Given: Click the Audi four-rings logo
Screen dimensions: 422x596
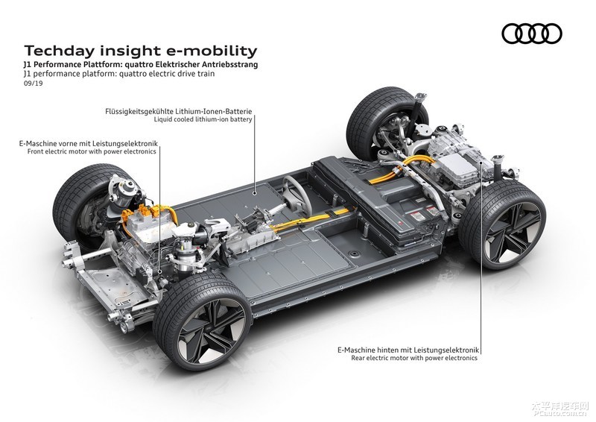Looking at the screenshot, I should click(x=532, y=33).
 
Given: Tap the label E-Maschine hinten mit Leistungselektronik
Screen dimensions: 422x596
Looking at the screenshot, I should click(x=405, y=349).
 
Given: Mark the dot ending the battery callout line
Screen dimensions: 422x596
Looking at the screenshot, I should click(x=255, y=192).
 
